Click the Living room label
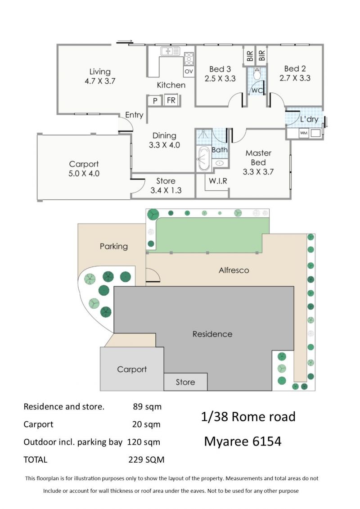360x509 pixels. pos(100,72)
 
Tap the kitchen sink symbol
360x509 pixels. pos(170,51)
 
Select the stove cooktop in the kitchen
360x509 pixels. pos(189,59)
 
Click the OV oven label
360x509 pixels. pos(189,72)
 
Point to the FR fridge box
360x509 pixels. pos(171,100)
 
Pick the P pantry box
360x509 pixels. pos(155,101)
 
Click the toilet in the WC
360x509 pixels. pos(257,74)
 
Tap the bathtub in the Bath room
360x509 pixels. pos(204,158)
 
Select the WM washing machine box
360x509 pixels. pos(303,133)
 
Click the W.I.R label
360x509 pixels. pos(218,181)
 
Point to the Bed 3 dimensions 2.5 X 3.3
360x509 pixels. pos(220,79)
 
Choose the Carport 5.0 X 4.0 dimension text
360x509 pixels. pos(84,174)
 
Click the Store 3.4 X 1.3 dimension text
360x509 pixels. pos(166,190)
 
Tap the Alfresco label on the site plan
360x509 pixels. pos(234,270)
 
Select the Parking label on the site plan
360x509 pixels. pos(113,246)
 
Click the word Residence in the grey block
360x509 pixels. pos(212,334)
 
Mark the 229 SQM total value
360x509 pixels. pos(146,459)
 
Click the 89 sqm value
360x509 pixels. pos(147,407)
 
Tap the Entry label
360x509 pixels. pos(134,115)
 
